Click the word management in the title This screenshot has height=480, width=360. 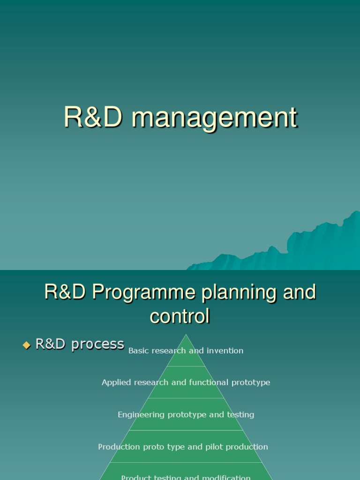(x=215, y=118)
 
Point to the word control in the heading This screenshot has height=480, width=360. (x=180, y=316)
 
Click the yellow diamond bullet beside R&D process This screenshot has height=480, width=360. (x=26, y=345)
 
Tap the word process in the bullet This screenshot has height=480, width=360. (x=95, y=345)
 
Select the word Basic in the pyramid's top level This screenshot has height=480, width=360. (x=138, y=351)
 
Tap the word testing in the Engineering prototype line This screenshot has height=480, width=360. (x=240, y=415)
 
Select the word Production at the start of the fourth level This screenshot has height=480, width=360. (x=117, y=447)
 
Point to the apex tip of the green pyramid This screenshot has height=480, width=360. (x=186, y=335)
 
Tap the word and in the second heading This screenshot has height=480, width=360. (x=299, y=292)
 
